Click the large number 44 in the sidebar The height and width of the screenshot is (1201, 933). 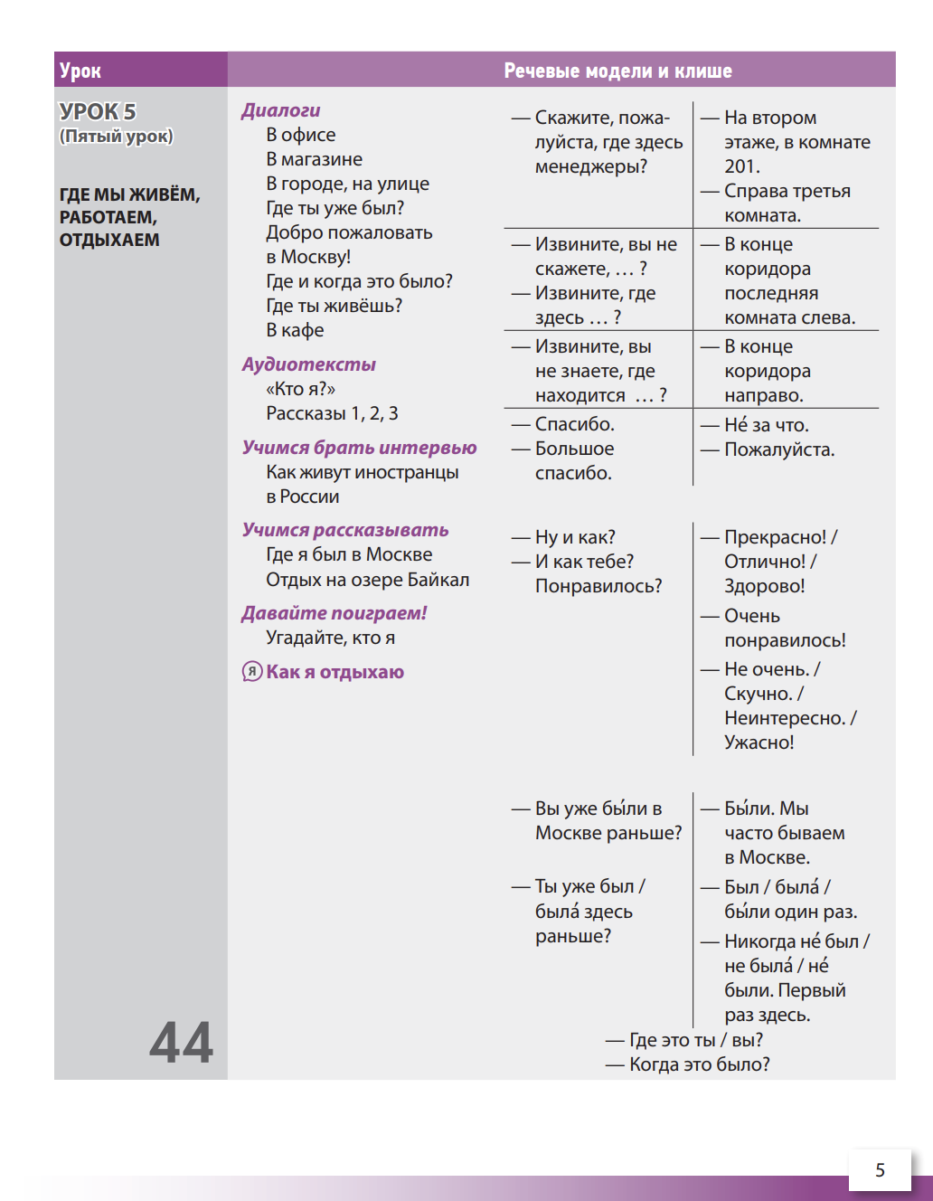(181, 1042)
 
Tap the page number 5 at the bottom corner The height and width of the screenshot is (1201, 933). (880, 1170)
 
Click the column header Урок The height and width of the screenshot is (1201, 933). (80, 71)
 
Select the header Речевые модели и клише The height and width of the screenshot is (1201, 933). (617, 71)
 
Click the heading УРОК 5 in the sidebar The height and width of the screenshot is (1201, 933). (98, 112)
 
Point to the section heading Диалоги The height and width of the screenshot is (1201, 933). (280, 110)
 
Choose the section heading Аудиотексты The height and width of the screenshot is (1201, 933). (308, 364)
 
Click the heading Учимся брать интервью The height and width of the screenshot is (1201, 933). (359, 448)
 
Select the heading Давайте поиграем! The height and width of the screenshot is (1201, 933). (334, 613)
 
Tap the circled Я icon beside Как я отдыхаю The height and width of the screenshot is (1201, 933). (251, 672)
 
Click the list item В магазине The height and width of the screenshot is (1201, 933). (314, 159)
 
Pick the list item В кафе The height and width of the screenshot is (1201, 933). (295, 330)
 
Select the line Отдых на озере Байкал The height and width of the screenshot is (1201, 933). (367, 580)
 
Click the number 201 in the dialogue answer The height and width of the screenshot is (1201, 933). (740, 166)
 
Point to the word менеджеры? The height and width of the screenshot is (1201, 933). (590, 166)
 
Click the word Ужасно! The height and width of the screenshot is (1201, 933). (759, 742)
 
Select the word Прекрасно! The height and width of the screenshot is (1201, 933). (775, 537)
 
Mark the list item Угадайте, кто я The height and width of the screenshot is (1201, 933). (330, 638)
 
